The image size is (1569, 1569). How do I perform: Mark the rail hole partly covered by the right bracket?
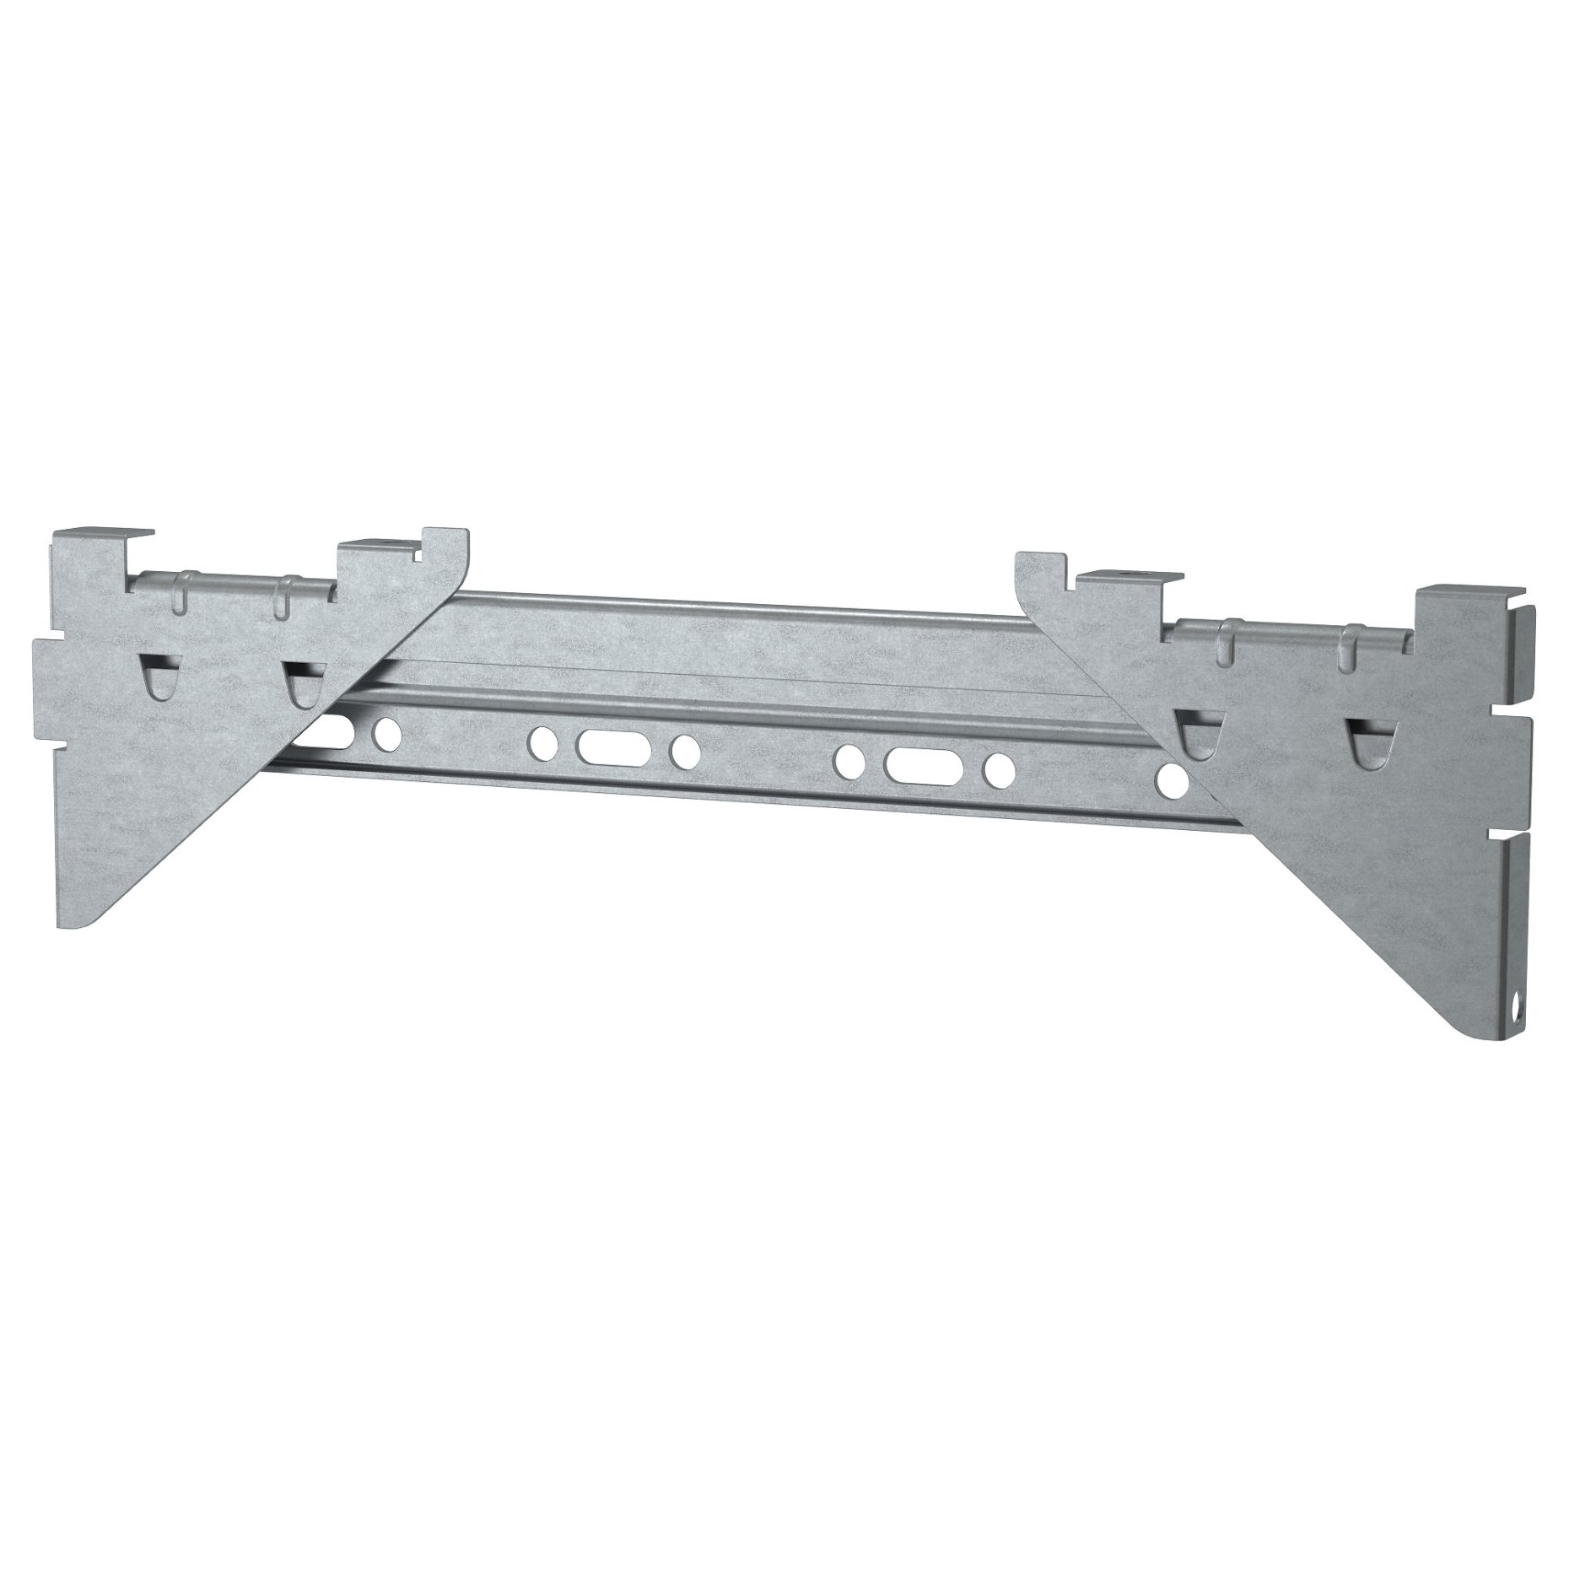click(x=1171, y=780)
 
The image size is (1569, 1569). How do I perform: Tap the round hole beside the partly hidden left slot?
click(x=388, y=733)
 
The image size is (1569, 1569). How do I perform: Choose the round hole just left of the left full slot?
click(x=540, y=741)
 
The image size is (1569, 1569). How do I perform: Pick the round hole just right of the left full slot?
click(x=684, y=749)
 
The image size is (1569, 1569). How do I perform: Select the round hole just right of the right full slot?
click(x=1000, y=768)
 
